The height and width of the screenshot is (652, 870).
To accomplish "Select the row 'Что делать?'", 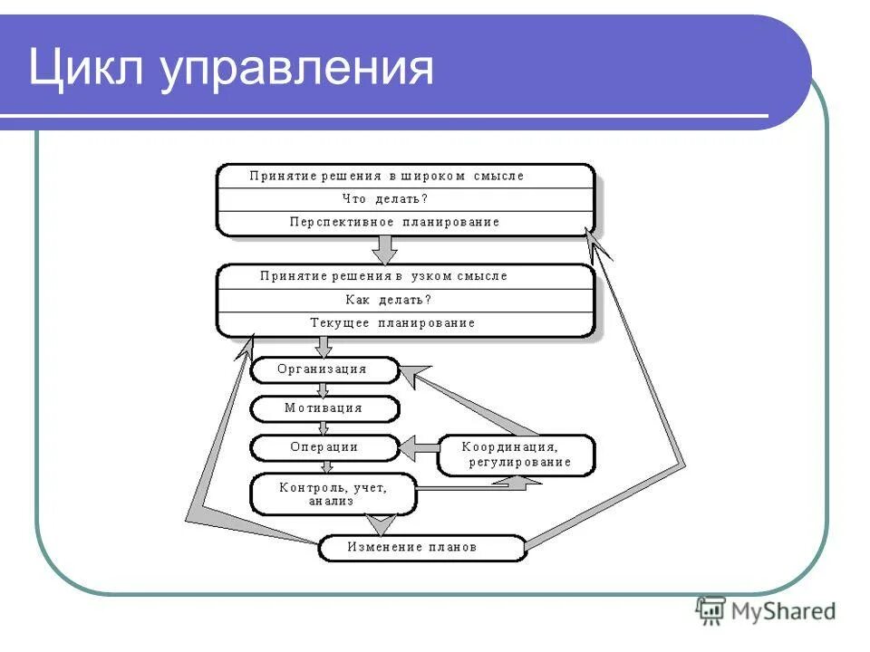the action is click(385, 199).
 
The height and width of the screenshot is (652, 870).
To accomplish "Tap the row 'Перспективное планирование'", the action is click(394, 222).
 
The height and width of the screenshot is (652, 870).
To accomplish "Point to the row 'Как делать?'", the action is click(388, 300).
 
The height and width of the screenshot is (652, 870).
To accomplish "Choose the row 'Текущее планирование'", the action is click(392, 322).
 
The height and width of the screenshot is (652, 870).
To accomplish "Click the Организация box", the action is click(323, 369).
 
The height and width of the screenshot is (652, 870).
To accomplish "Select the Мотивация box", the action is click(324, 408).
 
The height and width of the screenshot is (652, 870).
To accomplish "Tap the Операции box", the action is click(324, 447).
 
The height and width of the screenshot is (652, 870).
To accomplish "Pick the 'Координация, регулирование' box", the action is click(517, 455).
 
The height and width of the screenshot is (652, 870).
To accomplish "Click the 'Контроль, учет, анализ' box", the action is click(333, 494).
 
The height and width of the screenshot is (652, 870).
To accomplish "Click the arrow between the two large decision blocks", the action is click(386, 248).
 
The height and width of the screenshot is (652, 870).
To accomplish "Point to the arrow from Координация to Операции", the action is click(418, 447).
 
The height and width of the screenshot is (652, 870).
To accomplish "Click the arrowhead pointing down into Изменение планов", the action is click(380, 524).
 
